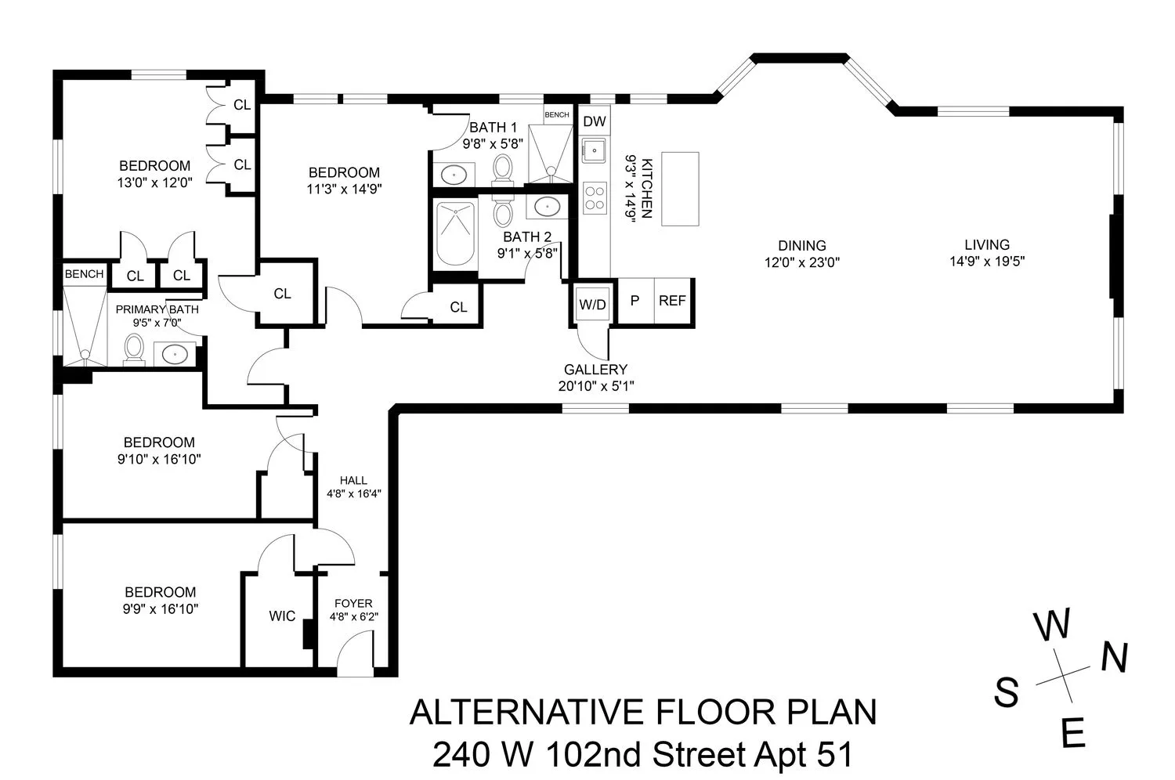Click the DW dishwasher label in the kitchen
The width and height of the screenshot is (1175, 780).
[x=595, y=121]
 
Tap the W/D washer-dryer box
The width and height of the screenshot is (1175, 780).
[x=592, y=304]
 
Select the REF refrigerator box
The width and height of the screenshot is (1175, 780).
[x=672, y=301]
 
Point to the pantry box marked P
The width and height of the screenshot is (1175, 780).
[x=635, y=301]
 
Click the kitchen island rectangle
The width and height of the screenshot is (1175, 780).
[x=679, y=189]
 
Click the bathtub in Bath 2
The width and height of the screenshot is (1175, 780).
[x=454, y=233]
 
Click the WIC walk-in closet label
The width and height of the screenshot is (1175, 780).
[x=282, y=616]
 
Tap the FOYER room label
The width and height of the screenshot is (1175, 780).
[x=353, y=603]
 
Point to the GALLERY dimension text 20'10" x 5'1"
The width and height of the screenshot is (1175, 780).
[x=595, y=385]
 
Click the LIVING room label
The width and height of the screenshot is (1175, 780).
[x=986, y=245]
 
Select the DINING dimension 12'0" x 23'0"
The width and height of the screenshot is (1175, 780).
[x=801, y=263]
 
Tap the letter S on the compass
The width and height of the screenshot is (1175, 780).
[x=1007, y=692]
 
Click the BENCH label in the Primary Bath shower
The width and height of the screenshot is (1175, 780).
[x=84, y=274]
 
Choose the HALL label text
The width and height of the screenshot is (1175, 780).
[x=353, y=480]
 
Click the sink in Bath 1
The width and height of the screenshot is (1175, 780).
[x=453, y=174]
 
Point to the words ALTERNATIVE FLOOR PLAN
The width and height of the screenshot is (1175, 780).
[x=642, y=713]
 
